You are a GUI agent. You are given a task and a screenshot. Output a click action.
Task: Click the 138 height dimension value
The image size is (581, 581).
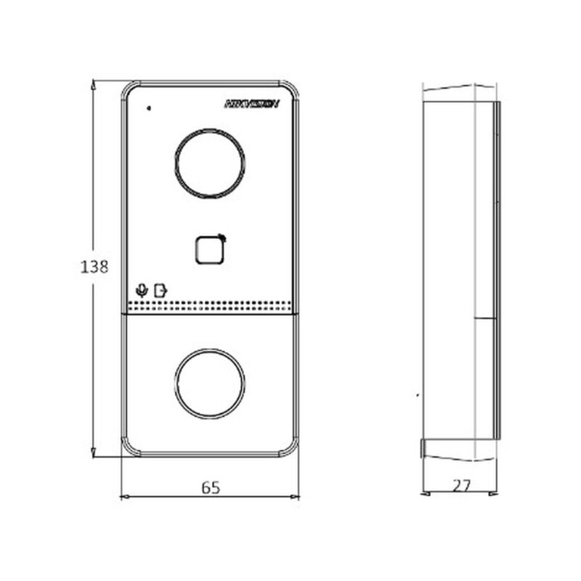coord(94,267)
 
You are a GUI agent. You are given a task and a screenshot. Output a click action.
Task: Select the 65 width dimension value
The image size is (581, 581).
coord(210,487)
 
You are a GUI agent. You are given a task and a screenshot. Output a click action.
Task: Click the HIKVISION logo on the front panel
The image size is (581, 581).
coord(251,105)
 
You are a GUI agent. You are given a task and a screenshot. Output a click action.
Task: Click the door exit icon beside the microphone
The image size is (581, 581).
coord(160,289)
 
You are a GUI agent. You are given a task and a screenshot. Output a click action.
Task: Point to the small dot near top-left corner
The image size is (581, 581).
coord(149,109)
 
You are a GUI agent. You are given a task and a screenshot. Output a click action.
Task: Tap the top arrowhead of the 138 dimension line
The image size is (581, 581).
coord(94,84)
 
